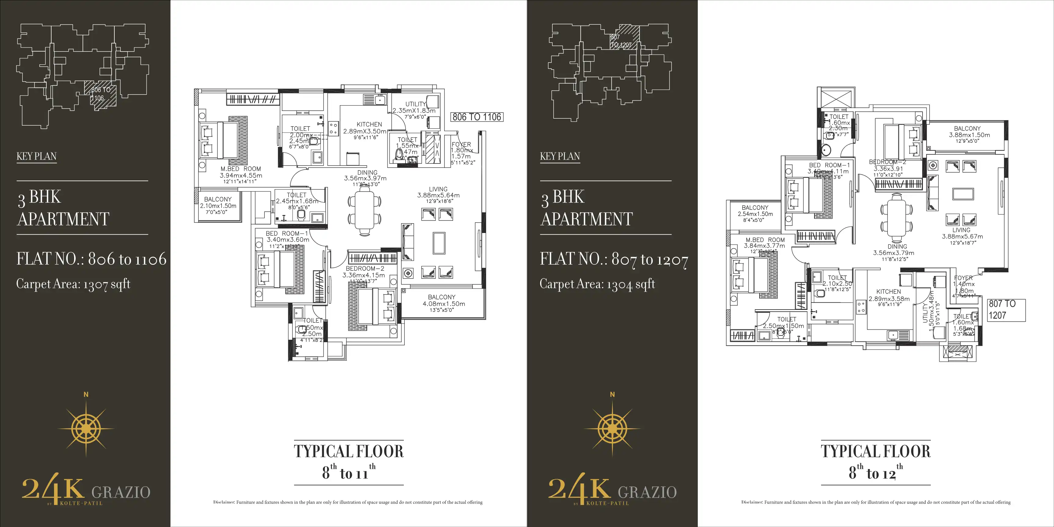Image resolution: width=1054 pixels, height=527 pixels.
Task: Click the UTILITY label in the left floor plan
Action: point(415,104)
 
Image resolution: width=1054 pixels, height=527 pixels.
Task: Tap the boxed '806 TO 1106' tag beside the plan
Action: point(477,117)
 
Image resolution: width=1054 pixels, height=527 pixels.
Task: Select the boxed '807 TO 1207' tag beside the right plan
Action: point(1006,310)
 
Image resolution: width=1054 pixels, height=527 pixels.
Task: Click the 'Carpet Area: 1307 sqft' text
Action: point(73,284)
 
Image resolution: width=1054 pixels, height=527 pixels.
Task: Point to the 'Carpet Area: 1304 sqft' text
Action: point(597,284)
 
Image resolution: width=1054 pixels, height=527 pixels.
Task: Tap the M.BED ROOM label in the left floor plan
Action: point(241,169)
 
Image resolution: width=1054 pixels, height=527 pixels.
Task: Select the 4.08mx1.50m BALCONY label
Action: point(442,297)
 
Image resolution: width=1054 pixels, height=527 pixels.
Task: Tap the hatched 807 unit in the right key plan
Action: point(624,38)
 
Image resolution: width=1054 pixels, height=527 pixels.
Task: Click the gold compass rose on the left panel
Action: point(86,428)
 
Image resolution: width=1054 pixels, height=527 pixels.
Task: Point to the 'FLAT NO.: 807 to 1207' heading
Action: point(614,259)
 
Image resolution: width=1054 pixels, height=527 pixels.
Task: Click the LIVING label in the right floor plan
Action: point(961,230)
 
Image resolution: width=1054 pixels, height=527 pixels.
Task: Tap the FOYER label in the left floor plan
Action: point(461,145)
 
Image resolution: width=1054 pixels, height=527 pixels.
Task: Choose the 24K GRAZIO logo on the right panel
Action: point(612,490)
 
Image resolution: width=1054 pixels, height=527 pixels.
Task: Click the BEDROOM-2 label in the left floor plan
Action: point(364,269)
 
